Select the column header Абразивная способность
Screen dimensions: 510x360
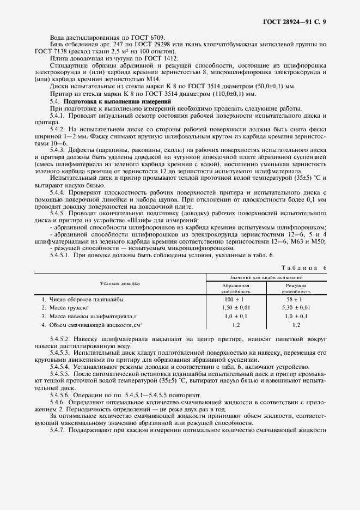pos(236,288)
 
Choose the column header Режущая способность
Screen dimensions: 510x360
pos(296,288)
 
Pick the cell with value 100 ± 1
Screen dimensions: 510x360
pos(236,300)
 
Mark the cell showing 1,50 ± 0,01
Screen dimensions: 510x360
pos(236,308)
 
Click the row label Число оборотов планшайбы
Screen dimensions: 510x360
pos(86,300)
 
